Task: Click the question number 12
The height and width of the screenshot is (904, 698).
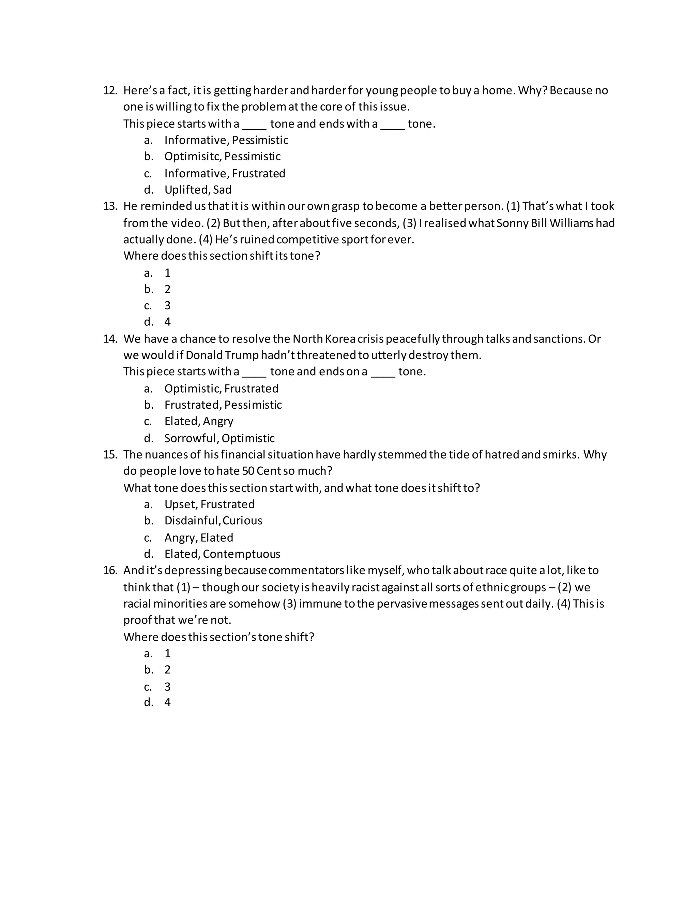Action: coord(110,90)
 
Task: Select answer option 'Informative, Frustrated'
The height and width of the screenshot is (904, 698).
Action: coord(225,173)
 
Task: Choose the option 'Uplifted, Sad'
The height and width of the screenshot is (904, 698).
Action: coord(198,190)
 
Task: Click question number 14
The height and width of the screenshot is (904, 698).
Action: coord(110,339)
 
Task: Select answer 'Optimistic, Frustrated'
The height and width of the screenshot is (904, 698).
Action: coord(221,388)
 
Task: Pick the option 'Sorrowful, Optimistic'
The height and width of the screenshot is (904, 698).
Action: coord(219,438)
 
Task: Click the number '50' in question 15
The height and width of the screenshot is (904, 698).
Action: coord(248,471)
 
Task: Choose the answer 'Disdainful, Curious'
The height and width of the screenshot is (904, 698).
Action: coord(213,521)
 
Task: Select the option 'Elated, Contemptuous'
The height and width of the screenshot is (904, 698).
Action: coord(222,554)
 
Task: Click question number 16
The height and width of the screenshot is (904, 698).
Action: coord(110,570)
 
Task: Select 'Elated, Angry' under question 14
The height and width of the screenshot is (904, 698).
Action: coord(198,421)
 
